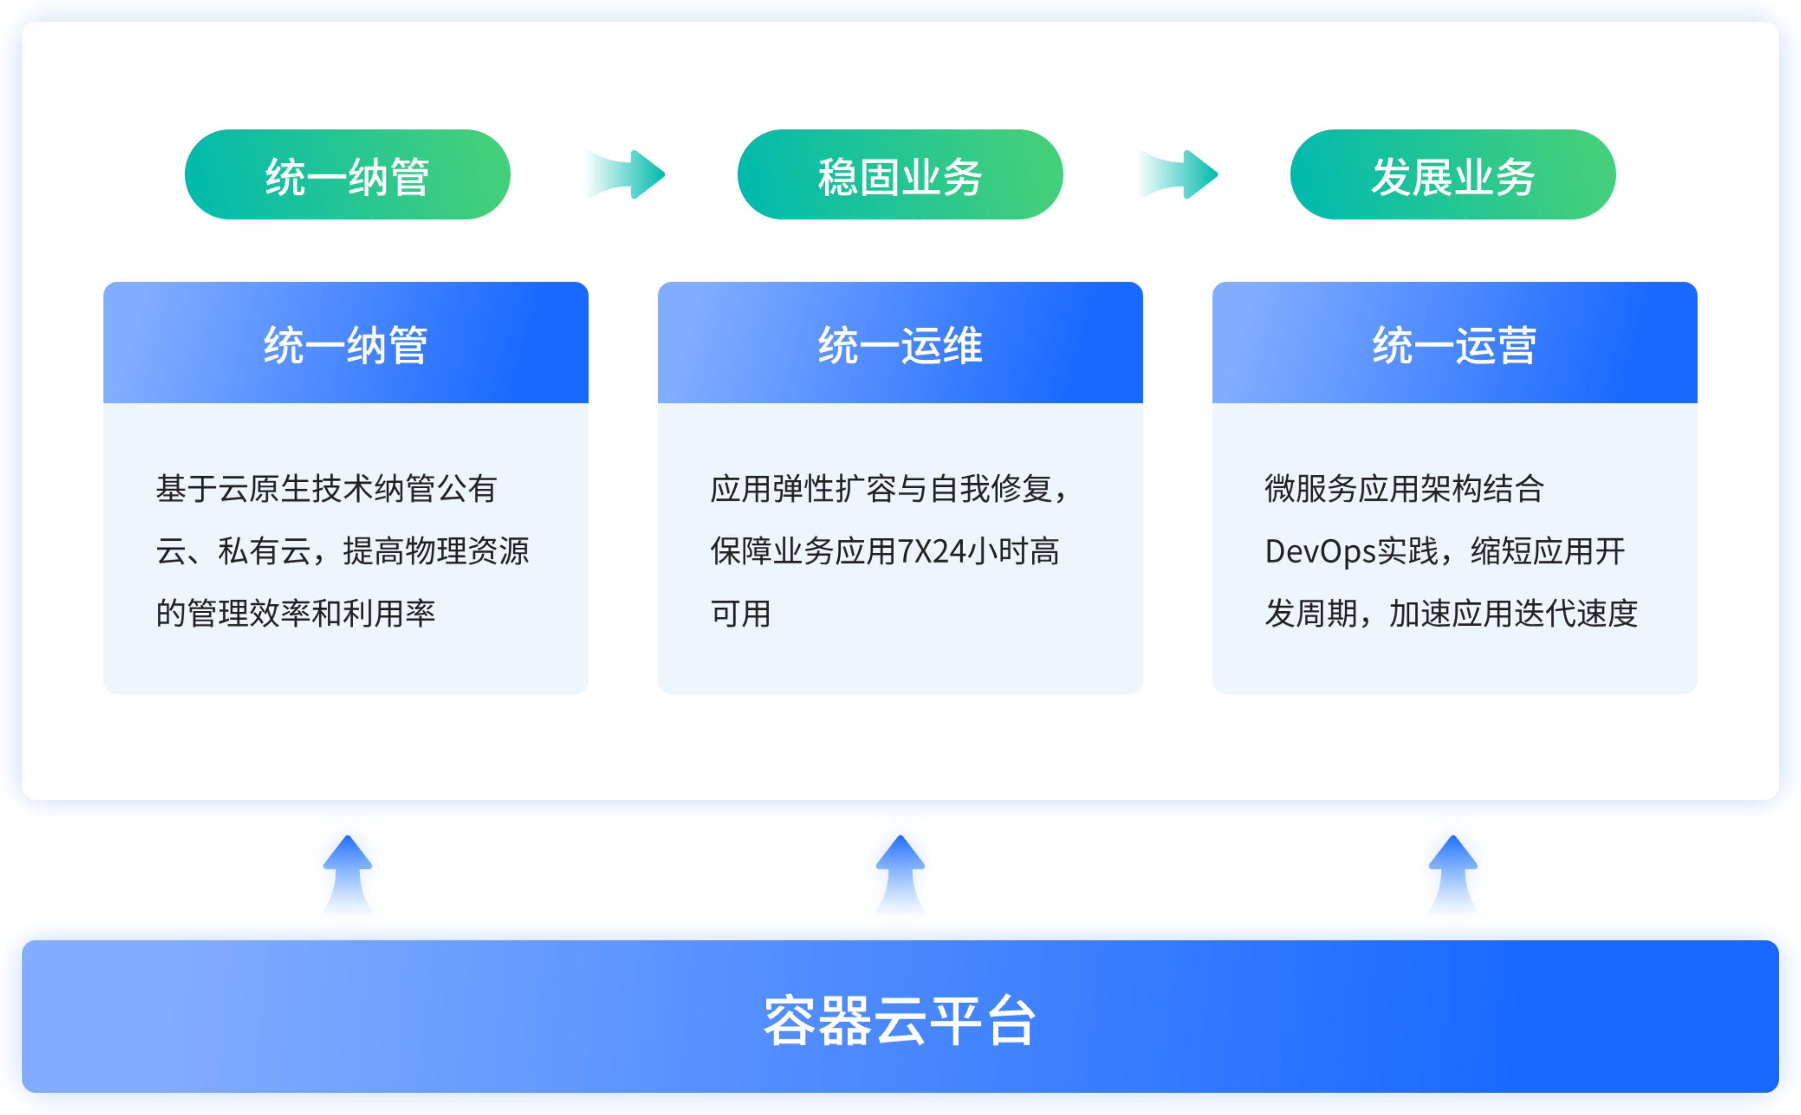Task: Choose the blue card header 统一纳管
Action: click(x=346, y=343)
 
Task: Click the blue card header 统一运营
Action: click(x=1454, y=343)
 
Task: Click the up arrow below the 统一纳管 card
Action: click(x=347, y=875)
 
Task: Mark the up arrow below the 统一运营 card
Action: click(x=1453, y=875)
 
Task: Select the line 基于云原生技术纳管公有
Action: click(x=326, y=488)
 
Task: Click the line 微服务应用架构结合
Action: click(x=1404, y=488)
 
